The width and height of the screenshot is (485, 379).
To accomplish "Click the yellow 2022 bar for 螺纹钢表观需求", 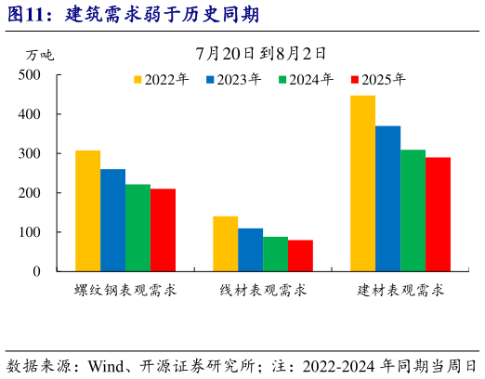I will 87,211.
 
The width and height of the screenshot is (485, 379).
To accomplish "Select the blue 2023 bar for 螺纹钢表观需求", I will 112,220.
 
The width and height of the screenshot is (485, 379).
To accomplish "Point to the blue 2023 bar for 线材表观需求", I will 250,250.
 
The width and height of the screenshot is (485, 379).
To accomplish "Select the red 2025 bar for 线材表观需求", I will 300,255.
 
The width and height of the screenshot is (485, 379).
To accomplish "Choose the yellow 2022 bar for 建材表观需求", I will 362,183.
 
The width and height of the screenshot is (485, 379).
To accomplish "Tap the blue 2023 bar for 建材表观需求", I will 387,199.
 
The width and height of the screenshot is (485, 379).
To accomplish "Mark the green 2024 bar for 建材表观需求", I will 413,211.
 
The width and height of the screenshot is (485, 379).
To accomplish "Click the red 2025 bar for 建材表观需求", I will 438,215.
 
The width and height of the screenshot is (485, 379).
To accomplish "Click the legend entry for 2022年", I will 162,79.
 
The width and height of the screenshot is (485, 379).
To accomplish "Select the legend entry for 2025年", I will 378,79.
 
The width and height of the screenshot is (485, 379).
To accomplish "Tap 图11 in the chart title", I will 27,15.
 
